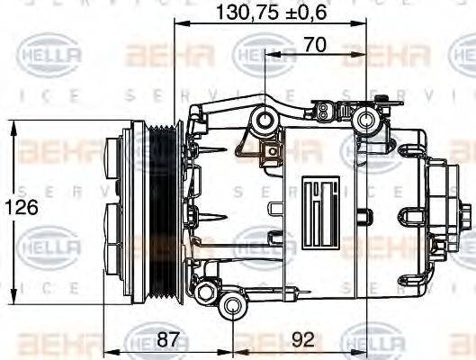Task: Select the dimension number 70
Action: (314, 43)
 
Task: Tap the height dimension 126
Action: (26, 207)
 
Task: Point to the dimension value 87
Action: (166, 340)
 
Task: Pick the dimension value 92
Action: (304, 340)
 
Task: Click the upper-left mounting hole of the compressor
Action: (263, 121)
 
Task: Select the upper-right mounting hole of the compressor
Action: (364, 120)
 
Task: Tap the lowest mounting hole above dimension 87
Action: (234, 310)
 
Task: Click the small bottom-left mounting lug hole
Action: (204, 290)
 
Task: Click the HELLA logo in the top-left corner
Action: (50, 57)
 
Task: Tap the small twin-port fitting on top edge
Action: (321, 113)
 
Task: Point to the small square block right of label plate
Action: (362, 216)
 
